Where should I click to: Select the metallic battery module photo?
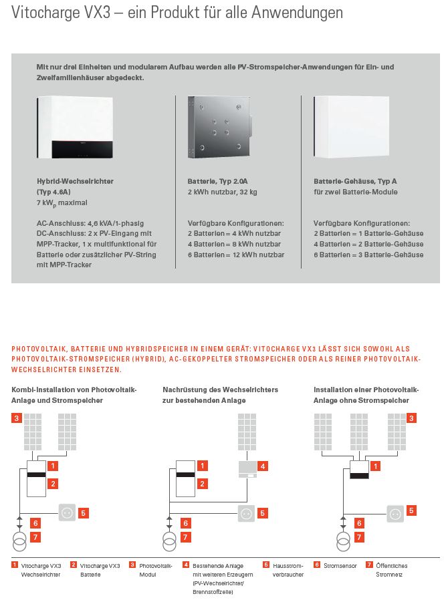point(219,126)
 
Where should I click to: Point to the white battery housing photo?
point(351,127)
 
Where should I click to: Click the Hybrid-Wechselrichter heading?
point(75,181)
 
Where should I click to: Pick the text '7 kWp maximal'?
point(62,202)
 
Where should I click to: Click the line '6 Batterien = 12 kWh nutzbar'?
point(235,255)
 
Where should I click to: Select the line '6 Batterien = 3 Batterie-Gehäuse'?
point(368,255)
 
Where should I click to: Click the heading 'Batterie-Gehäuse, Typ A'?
point(355,181)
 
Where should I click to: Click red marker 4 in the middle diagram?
point(263,466)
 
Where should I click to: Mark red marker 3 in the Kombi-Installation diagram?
point(17,418)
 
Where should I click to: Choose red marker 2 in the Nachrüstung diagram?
point(203,483)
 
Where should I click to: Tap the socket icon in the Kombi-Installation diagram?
point(67,513)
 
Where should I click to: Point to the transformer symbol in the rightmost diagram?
point(343,541)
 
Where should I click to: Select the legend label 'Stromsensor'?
point(340,566)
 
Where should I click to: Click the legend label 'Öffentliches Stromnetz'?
point(391,570)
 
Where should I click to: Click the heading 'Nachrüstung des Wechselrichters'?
point(220,390)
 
